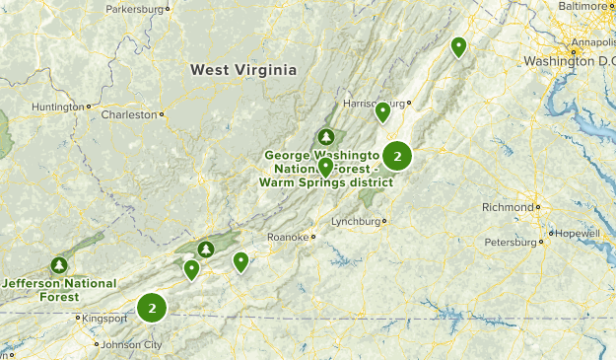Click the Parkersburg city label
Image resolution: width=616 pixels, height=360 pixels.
click(x=135, y=8)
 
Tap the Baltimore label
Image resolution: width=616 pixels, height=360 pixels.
click(x=584, y=6)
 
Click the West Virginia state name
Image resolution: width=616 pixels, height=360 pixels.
click(x=243, y=70)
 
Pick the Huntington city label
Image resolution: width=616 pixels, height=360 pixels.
click(x=58, y=107)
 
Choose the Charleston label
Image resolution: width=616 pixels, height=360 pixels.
click(x=129, y=114)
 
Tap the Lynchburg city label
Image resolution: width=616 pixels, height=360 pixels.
click(x=356, y=221)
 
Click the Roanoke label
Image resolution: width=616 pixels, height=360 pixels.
click(x=287, y=237)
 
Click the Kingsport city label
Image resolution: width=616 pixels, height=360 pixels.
click(x=104, y=319)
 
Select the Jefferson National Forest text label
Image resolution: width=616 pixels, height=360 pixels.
click(x=59, y=290)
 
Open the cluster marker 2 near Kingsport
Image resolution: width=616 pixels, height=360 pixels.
click(x=152, y=309)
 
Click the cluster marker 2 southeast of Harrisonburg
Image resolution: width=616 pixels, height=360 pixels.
click(x=397, y=156)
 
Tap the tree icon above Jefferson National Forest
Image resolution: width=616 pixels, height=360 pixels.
click(x=59, y=265)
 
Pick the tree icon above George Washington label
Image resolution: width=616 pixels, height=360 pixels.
click(x=326, y=136)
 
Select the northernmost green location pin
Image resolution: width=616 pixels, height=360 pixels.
click(x=458, y=45)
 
